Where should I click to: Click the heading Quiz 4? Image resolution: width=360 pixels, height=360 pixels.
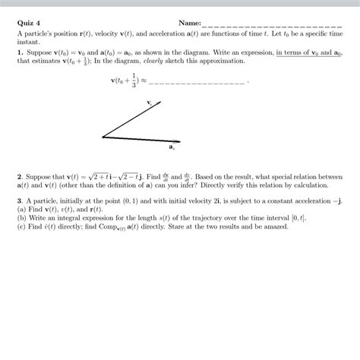pos(28,24)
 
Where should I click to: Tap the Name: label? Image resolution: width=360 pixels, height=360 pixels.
pos(189,24)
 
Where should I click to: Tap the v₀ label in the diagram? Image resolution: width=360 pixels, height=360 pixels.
pos(150,100)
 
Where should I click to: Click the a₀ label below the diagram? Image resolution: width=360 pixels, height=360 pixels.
pos(172,147)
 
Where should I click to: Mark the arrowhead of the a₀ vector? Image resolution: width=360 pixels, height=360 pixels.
pos(178,141)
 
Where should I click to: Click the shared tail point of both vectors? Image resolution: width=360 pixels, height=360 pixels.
pos(103,137)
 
